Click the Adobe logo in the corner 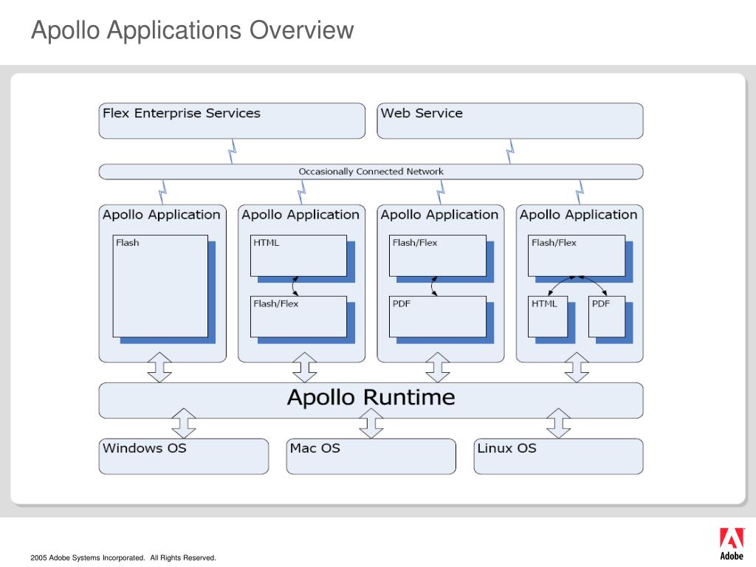click(732, 544)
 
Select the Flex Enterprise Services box click(232, 120)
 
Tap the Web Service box click(510, 120)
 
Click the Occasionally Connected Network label click(371, 171)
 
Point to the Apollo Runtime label click(371, 398)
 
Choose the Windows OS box click(184, 456)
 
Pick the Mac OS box click(371, 456)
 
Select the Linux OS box click(558, 456)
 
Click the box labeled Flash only click(160, 286)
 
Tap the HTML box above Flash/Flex click(298, 255)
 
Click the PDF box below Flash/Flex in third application click(438, 317)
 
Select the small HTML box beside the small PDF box click(548, 317)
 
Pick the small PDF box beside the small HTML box click(607, 317)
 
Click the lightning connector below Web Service click(510, 151)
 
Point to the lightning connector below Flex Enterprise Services click(232, 151)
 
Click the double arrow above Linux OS click(558, 423)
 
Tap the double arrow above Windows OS click(184, 423)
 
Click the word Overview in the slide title click(301, 30)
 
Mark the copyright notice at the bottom click(123, 558)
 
